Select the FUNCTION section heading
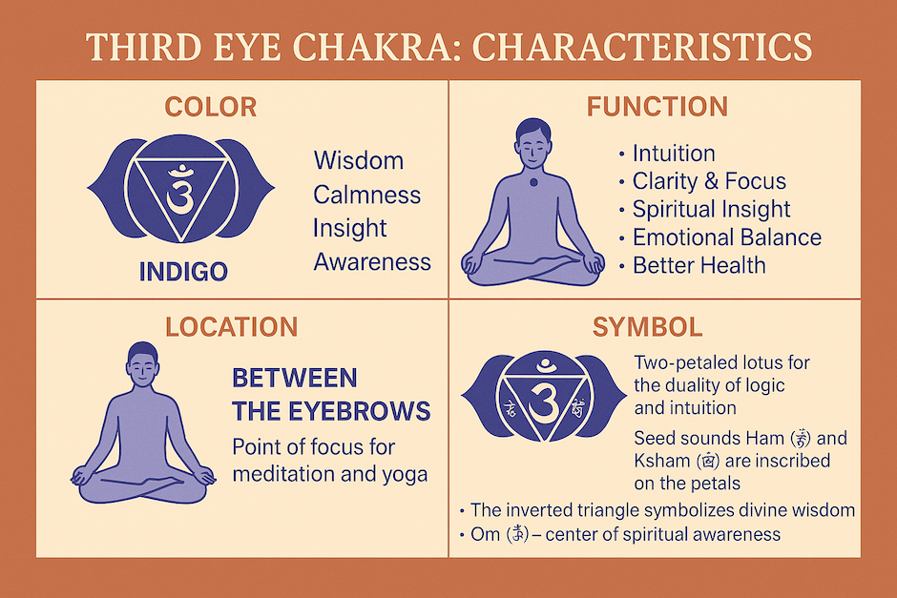point(657,106)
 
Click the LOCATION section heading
point(231,327)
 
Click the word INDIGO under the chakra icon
point(183,272)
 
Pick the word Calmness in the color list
point(366,195)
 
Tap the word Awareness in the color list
point(372,261)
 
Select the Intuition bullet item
point(673,154)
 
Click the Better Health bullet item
point(699,265)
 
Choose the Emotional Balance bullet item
point(726,237)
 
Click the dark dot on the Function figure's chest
point(533,181)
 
